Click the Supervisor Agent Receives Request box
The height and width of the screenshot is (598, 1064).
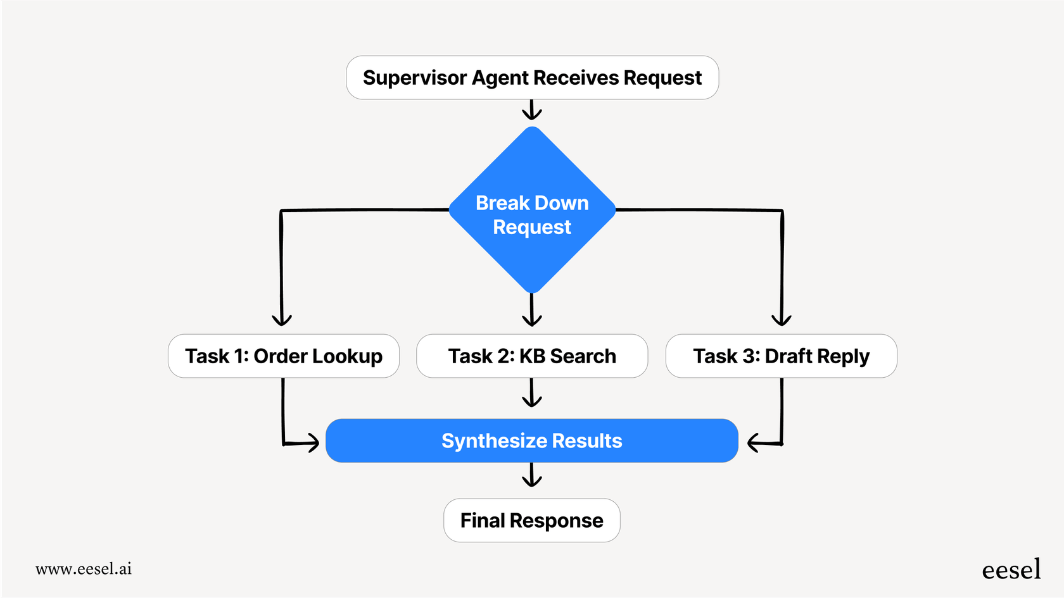[x=532, y=78]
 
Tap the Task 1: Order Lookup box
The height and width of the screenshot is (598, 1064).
[x=283, y=356]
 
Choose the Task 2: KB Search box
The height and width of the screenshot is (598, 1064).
[x=532, y=356]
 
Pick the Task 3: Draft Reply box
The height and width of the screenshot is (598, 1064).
[x=781, y=356]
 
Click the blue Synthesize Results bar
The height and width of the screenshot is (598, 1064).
[x=532, y=440]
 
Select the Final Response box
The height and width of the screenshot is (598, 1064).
[x=532, y=520]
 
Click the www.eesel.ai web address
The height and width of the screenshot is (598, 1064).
[x=84, y=569]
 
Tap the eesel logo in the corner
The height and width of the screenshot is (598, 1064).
[x=1011, y=570]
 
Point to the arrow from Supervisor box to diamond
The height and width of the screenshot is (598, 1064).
[x=532, y=110]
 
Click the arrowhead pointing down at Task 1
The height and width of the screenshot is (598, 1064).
[x=282, y=319]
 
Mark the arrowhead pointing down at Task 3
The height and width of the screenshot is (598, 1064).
[x=782, y=319]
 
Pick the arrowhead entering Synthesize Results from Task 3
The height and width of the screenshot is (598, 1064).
[x=755, y=442]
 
